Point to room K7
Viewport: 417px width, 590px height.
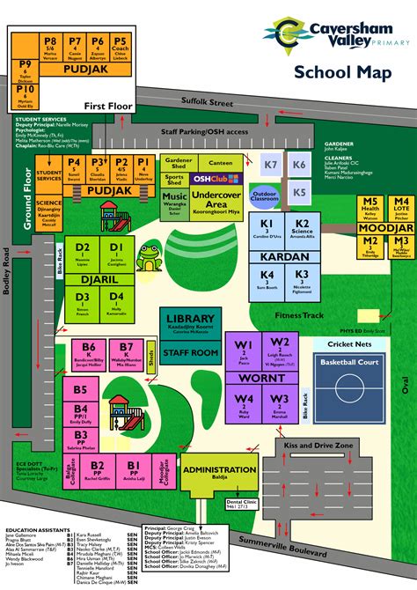click(271, 165)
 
